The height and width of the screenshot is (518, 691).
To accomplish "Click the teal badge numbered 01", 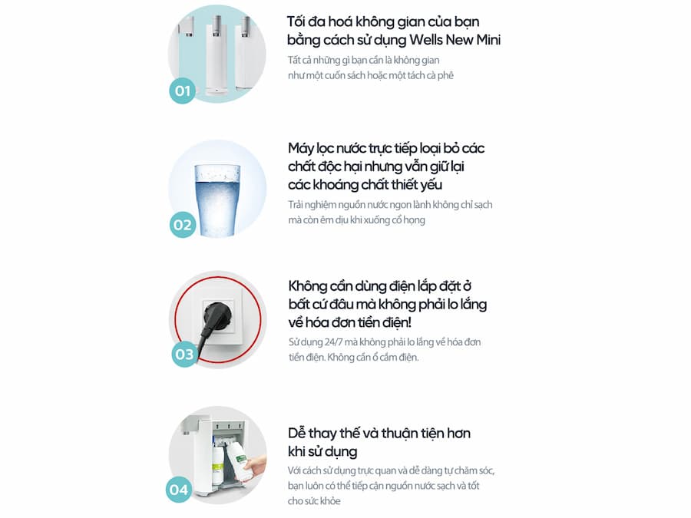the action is click(x=183, y=91).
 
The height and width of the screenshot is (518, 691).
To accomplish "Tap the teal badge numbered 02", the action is click(x=183, y=225).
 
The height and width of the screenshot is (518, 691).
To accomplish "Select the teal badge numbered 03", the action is click(x=184, y=354).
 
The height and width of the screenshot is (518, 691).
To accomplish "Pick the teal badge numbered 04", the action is click(x=179, y=490).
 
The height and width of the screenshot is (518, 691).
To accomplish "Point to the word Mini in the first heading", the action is click(x=488, y=40).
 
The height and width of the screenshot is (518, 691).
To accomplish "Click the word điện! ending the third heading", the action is click(x=397, y=322).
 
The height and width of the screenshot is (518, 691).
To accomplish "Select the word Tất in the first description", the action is click(x=294, y=61).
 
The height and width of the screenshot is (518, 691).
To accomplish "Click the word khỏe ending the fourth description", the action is click(x=331, y=501).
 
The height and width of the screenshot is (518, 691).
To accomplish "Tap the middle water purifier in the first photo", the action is click(x=217, y=55).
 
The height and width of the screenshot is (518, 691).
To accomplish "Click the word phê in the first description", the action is click(x=445, y=76).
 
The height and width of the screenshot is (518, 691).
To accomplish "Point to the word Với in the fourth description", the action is click(x=295, y=470).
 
